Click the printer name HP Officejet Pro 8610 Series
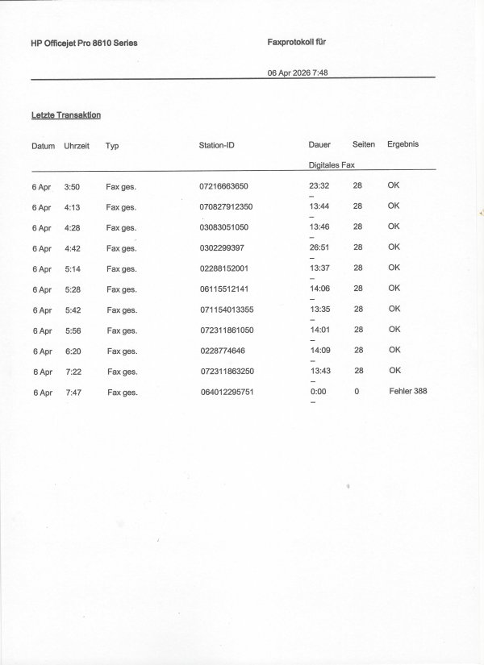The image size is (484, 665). click(x=83, y=43)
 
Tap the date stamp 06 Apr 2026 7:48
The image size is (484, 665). click(x=297, y=73)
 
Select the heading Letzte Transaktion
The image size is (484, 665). click(x=65, y=116)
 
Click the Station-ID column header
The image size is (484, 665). click(x=217, y=146)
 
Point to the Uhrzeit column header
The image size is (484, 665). click(x=77, y=147)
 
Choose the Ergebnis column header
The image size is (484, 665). click(x=403, y=144)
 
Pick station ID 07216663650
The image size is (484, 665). click(x=229, y=186)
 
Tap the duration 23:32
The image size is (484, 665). click(x=319, y=185)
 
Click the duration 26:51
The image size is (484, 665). click(x=319, y=247)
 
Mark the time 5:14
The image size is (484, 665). click(x=72, y=268)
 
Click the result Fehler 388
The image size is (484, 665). click(x=407, y=392)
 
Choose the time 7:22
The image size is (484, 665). click(x=73, y=372)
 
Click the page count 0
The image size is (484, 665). click(x=357, y=392)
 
